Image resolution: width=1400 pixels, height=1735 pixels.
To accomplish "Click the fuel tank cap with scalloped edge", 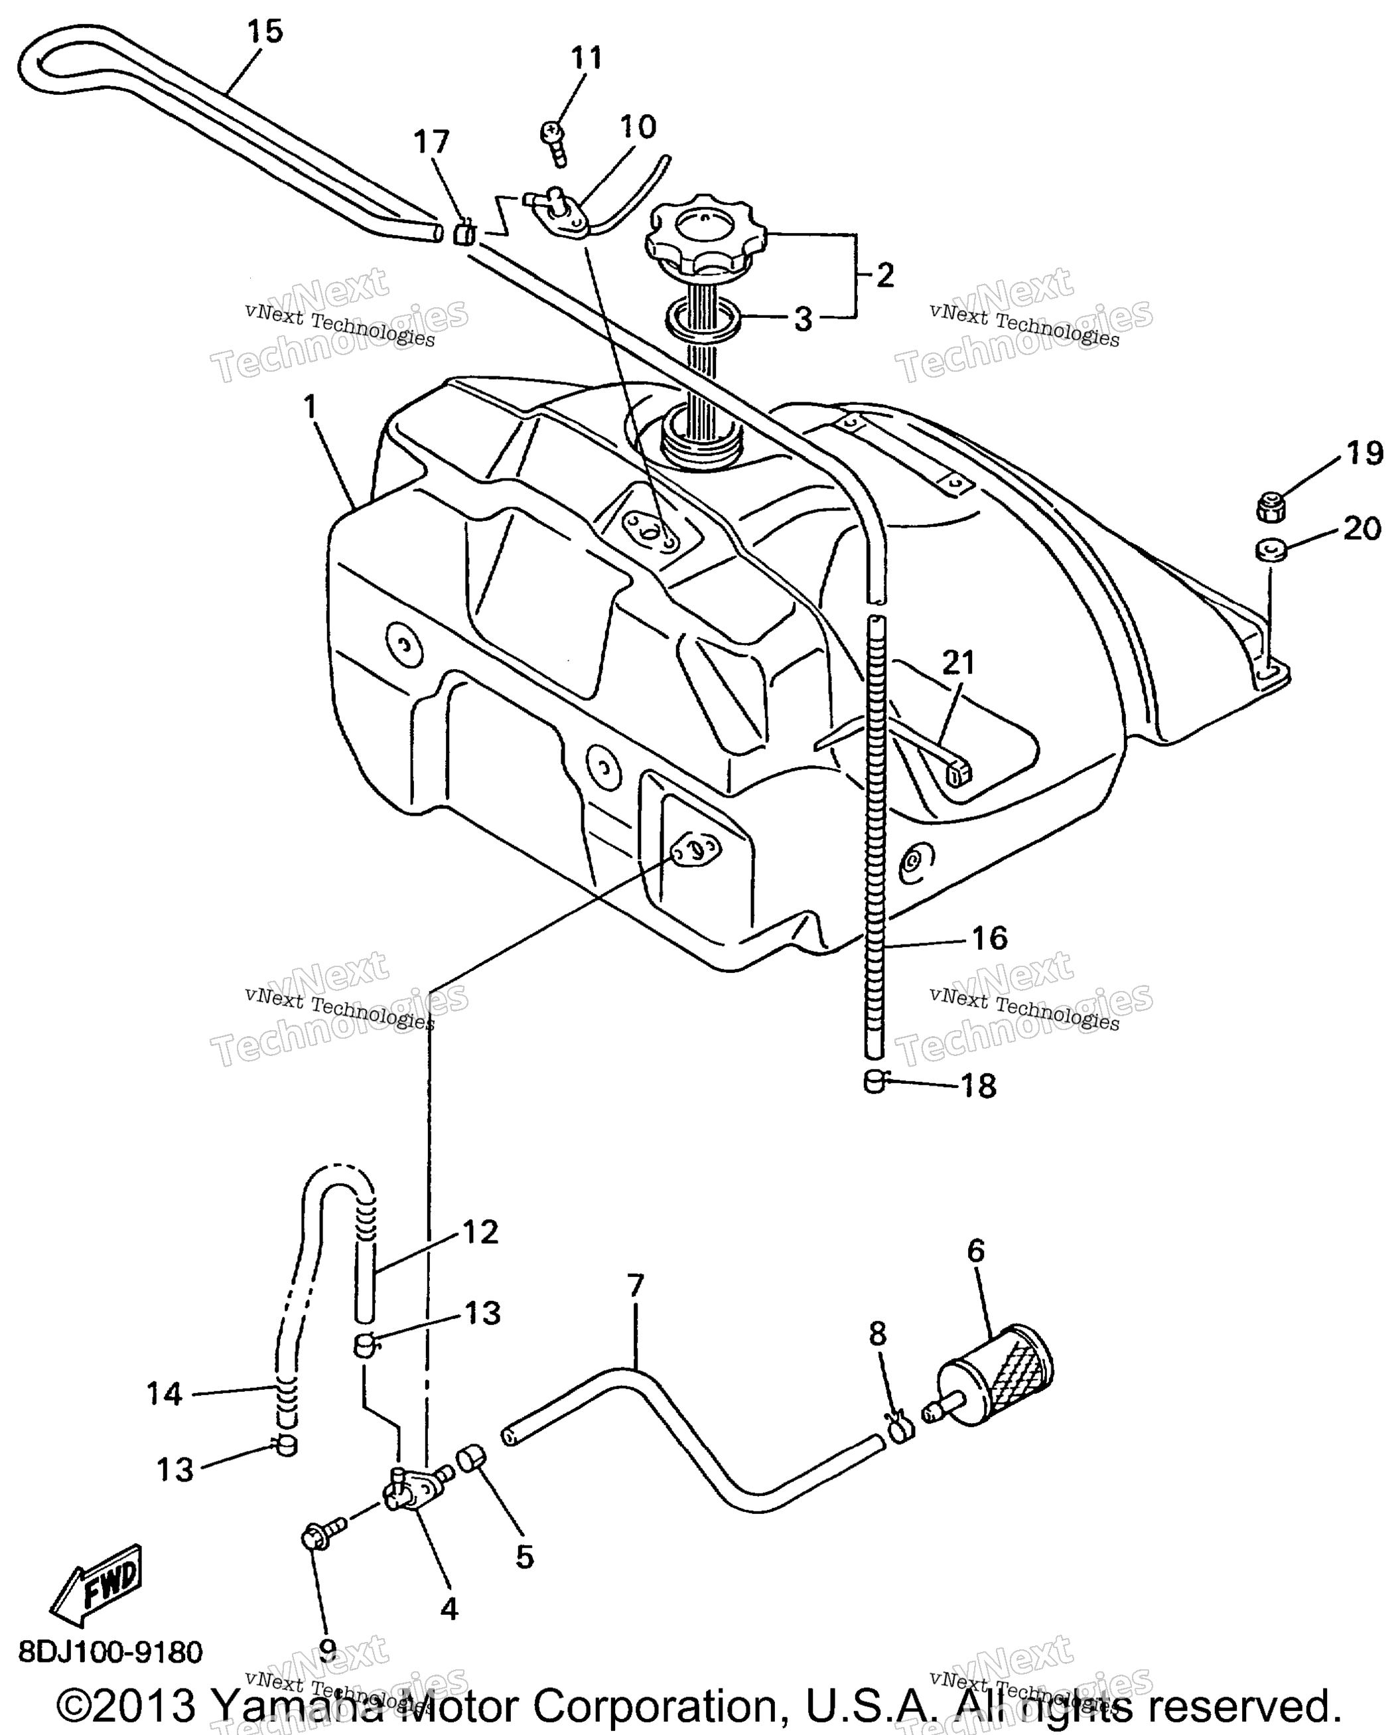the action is tap(705, 232).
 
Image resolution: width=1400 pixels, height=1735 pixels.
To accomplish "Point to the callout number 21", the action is tap(958, 663).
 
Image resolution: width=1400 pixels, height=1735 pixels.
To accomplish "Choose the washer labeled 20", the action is tap(1270, 551).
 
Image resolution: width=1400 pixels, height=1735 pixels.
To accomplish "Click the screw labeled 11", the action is tap(554, 141).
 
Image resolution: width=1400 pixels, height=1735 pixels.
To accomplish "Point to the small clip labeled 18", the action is tap(875, 1080).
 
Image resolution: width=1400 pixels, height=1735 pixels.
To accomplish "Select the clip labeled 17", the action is tap(464, 232).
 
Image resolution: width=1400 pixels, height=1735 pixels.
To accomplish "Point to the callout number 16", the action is tap(989, 937).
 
